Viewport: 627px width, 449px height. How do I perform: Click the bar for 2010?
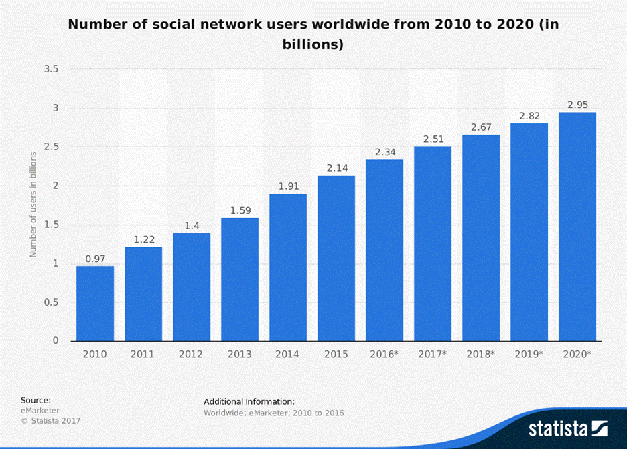(x=95, y=304)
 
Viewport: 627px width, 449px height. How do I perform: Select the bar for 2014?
(x=288, y=267)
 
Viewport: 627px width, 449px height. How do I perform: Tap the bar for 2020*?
(x=577, y=227)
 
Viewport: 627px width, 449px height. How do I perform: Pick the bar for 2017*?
(x=433, y=243)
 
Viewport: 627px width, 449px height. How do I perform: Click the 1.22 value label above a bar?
(x=143, y=239)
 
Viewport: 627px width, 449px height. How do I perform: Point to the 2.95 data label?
(x=577, y=105)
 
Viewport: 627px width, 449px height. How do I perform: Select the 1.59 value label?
(x=240, y=210)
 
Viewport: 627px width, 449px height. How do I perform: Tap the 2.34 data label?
(x=385, y=152)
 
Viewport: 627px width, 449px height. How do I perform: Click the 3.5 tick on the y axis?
(x=51, y=69)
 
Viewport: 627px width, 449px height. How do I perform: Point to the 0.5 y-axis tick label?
(x=51, y=302)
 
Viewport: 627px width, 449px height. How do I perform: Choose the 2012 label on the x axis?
(x=192, y=355)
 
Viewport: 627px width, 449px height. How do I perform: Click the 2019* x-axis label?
(x=529, y=355)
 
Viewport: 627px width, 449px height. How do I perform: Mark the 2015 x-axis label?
(x=336, y=355)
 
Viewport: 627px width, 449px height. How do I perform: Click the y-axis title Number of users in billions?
(x=33, y=204)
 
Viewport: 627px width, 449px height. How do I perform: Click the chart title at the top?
(x=313, y=35)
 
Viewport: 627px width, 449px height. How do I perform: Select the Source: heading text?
(x=36, y=400)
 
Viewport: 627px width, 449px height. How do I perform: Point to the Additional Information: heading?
(x=249, y=401)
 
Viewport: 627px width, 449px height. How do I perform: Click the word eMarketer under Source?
(x=40, y=410)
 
